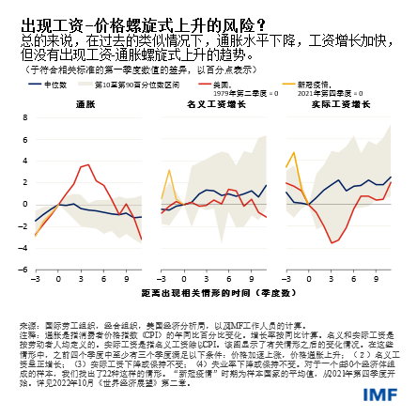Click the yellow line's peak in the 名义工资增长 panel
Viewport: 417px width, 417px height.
169,171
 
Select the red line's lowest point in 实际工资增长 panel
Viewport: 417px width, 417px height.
331,243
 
